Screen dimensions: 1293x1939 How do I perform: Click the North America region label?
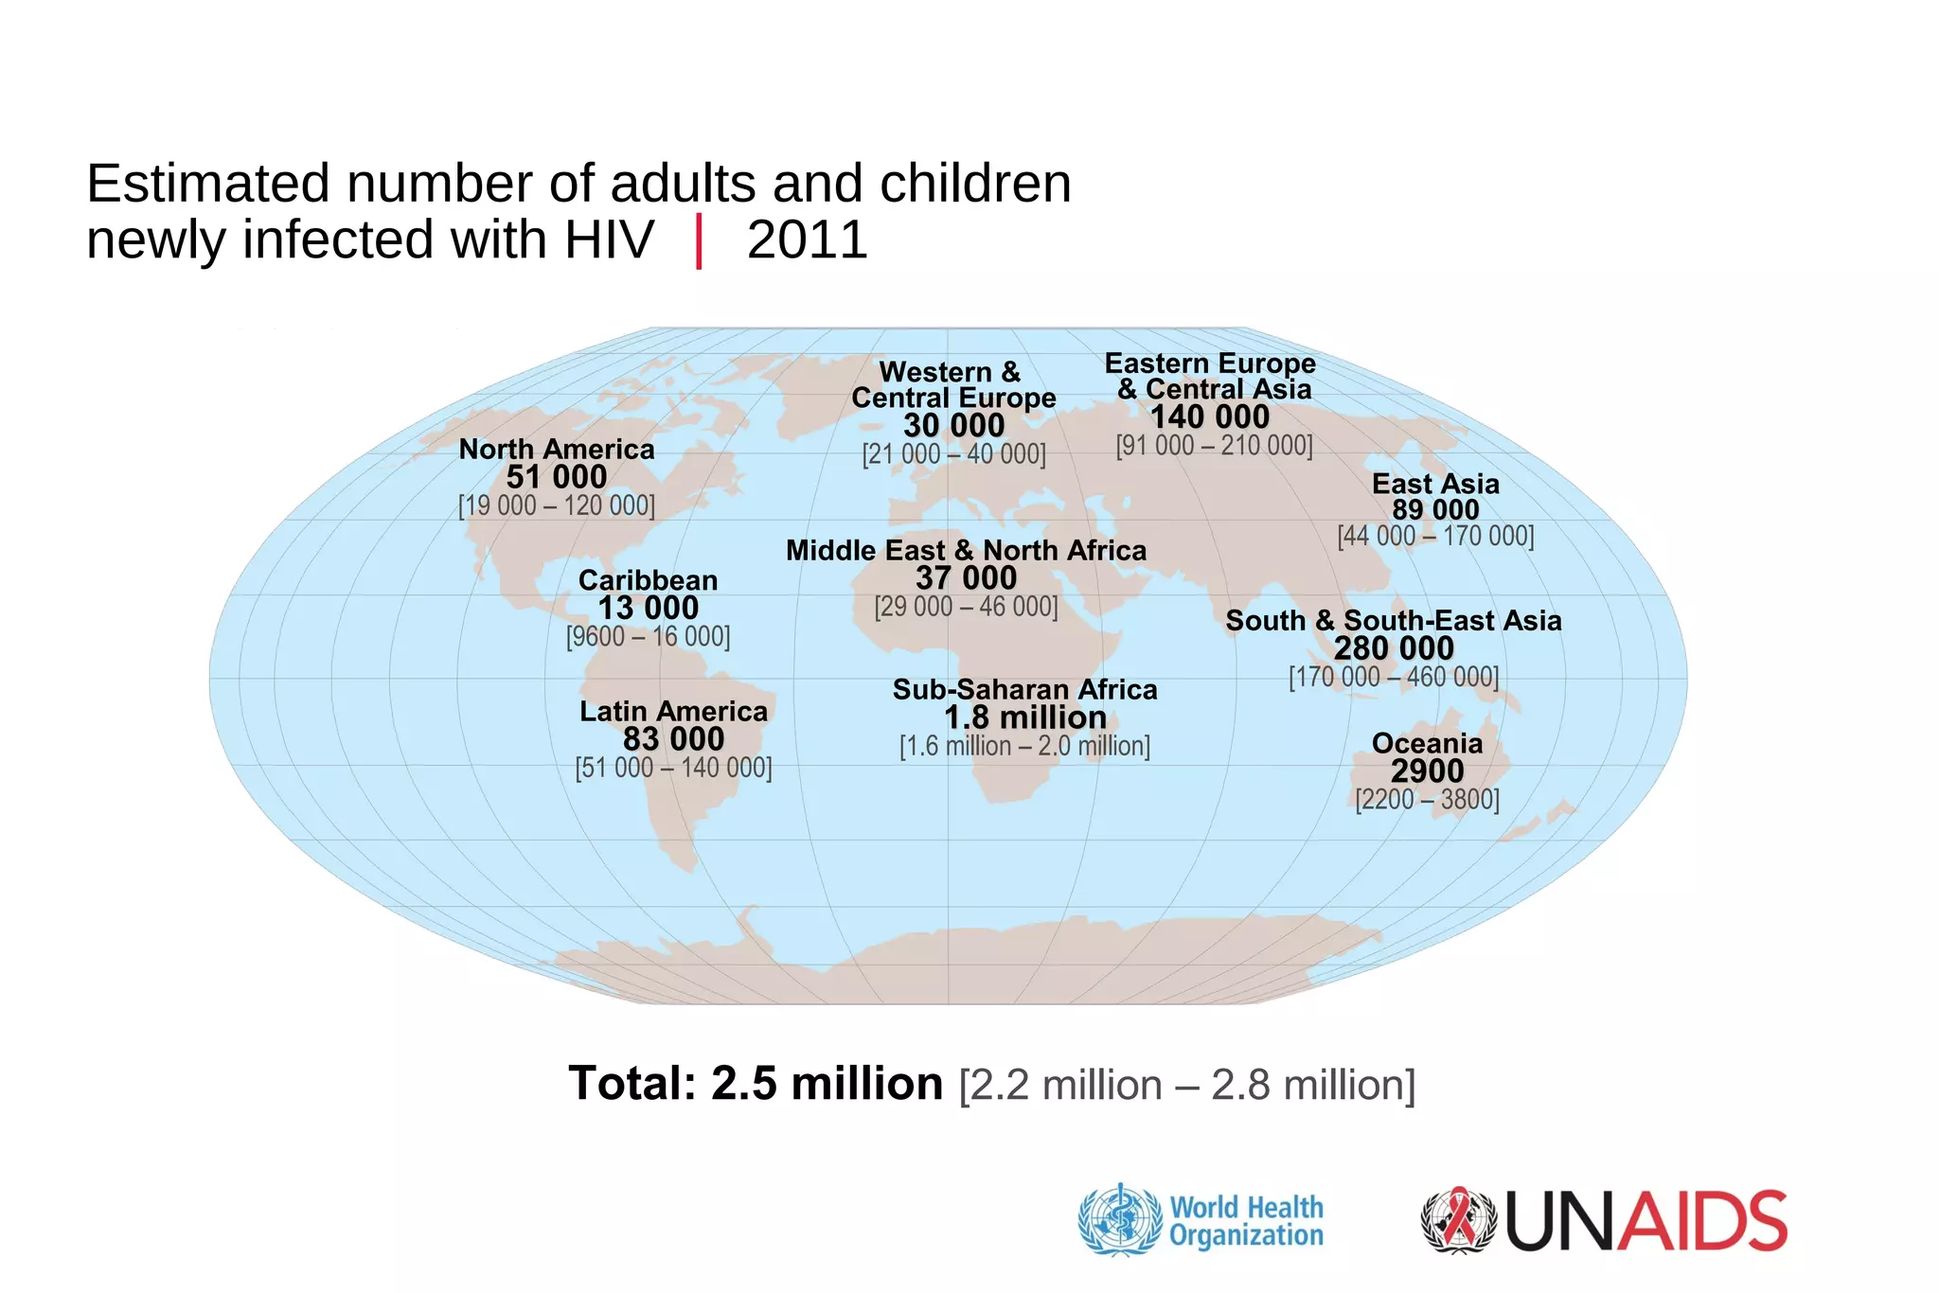557,450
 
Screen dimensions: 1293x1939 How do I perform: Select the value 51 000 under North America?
557,477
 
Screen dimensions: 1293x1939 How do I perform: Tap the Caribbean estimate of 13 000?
649,608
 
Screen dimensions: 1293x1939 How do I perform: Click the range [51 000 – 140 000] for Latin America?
673,768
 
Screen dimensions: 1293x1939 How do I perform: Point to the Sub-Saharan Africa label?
1024,689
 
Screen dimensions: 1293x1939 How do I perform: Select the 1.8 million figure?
1024,717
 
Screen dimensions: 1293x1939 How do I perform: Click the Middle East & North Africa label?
966,550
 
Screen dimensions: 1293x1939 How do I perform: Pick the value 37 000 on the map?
966,578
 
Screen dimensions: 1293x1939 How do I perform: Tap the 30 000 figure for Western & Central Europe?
953,426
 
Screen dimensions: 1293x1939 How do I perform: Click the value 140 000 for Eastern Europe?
1209,417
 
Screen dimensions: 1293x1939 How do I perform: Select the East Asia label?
1435,484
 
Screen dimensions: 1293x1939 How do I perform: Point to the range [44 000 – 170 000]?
1435,537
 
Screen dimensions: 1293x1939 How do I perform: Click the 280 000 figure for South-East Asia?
1394,648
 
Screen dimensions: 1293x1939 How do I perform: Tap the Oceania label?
1427,743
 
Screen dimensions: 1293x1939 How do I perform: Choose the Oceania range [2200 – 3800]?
1427,800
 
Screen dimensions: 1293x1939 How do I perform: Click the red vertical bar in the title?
699,241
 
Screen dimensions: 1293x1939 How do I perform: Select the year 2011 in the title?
807,239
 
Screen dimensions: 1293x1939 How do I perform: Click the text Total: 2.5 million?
756,1084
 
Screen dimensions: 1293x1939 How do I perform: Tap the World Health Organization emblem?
1120,1220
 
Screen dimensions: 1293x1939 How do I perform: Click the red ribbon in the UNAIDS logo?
1458,1219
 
